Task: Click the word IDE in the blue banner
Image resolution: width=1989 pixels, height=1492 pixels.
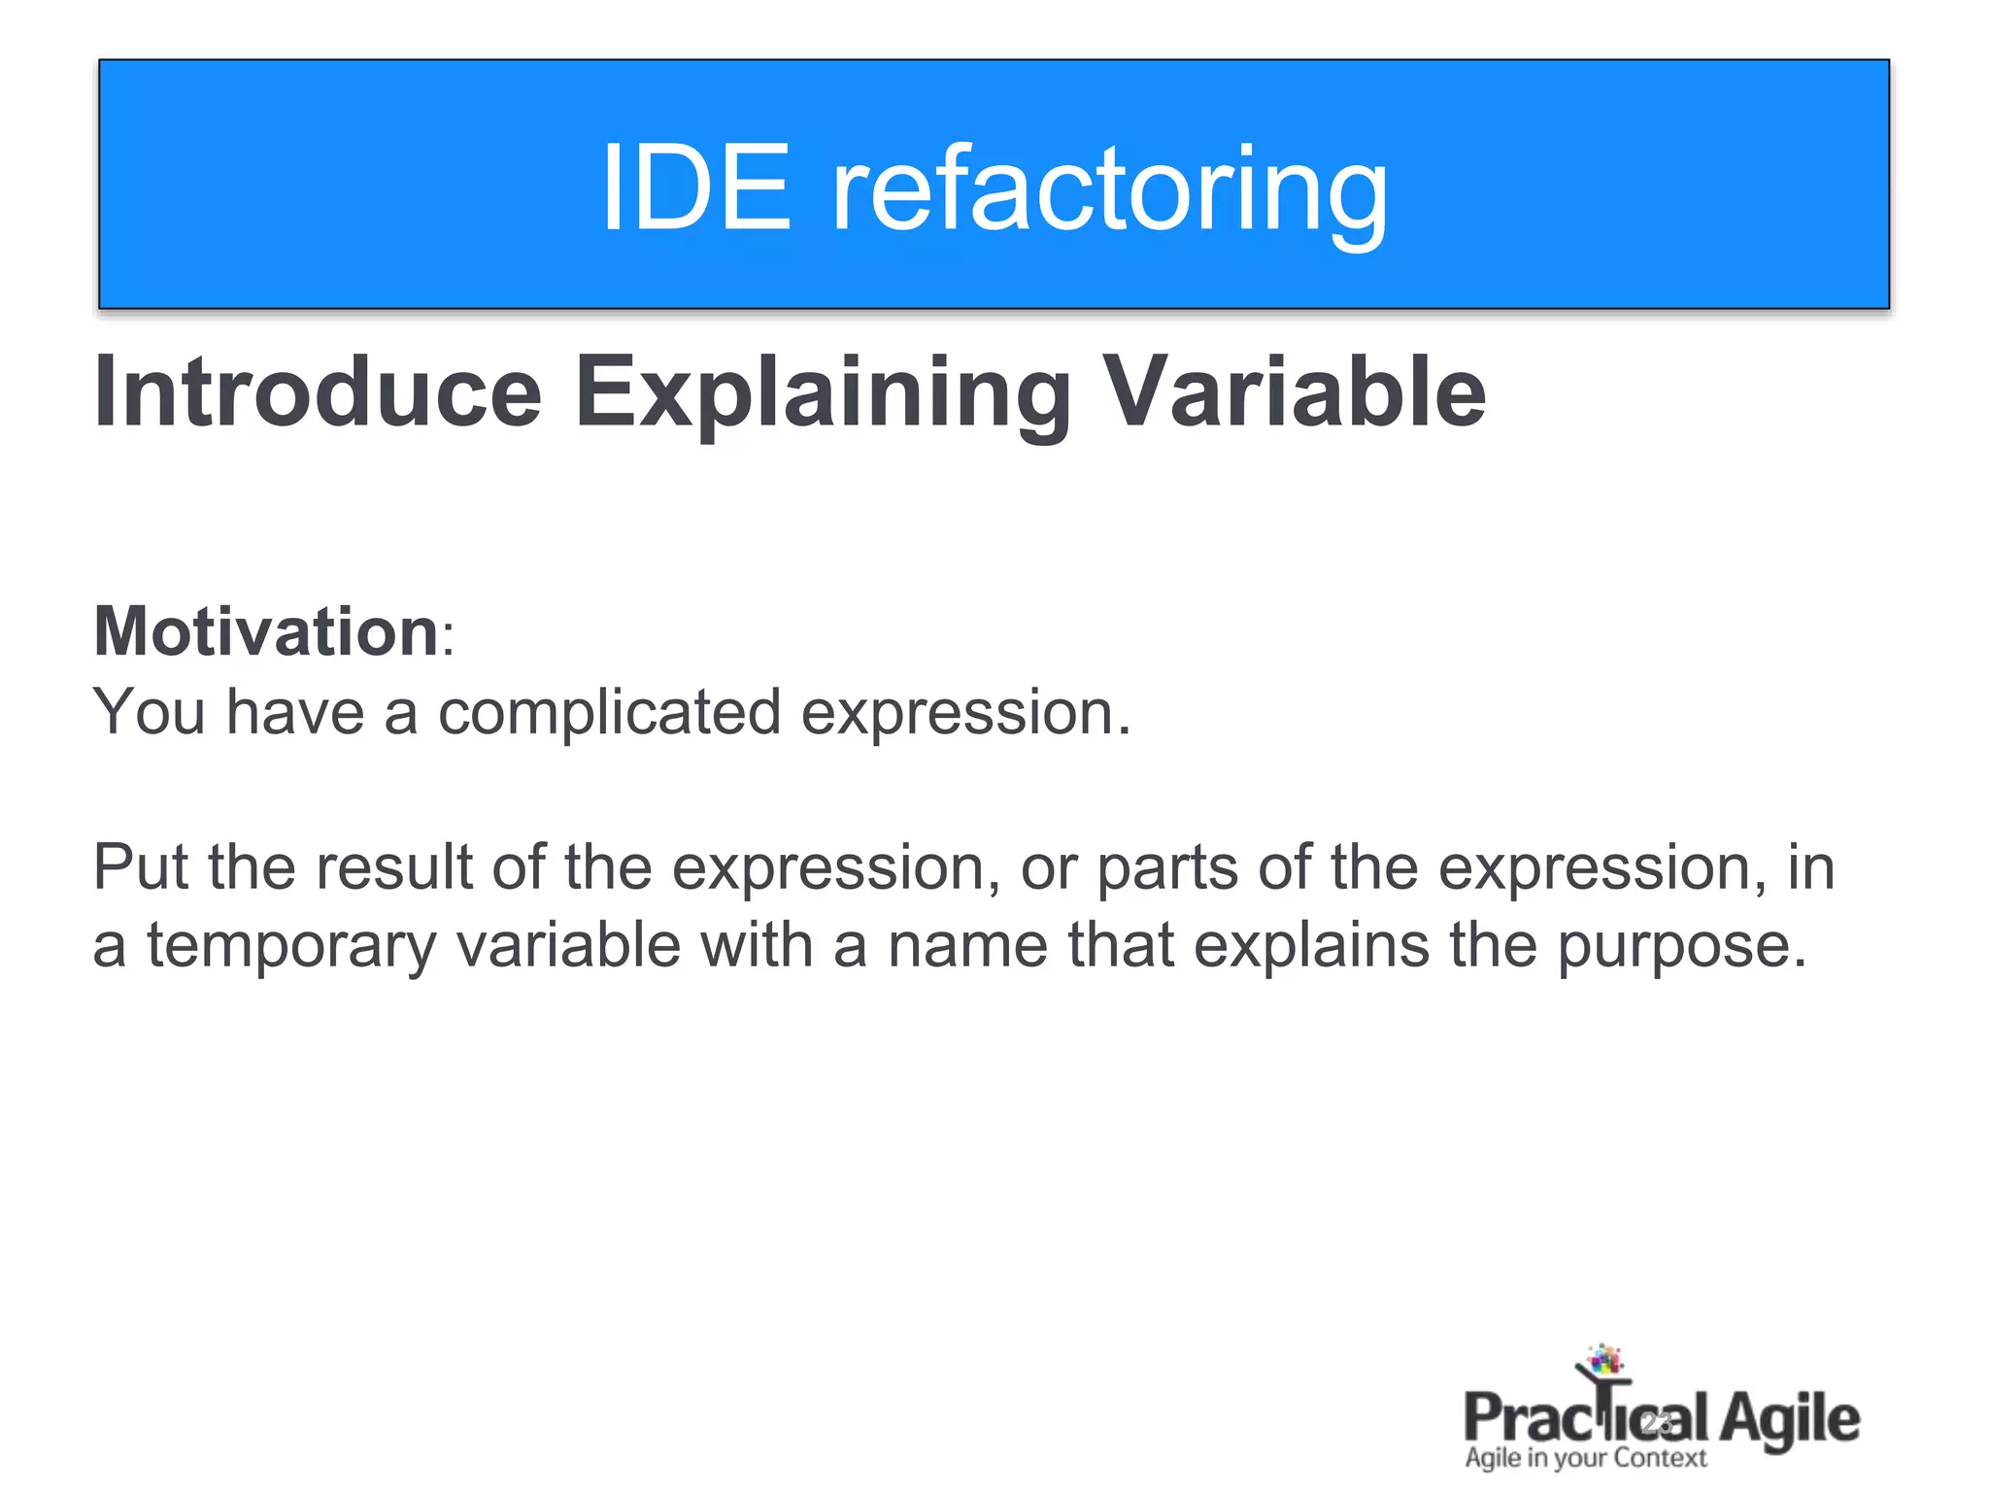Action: click(695, 186)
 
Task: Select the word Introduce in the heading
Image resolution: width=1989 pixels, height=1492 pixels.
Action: click(318, 390)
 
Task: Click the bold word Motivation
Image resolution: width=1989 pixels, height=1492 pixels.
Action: click(266, 631)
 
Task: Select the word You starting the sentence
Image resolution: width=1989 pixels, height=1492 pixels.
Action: click(149, 712)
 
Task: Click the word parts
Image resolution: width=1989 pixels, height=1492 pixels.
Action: click(1168, 868)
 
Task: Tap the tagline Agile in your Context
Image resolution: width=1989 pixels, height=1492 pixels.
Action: click(1585, 1458)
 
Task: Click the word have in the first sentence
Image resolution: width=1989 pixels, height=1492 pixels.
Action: click(295, 712)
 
